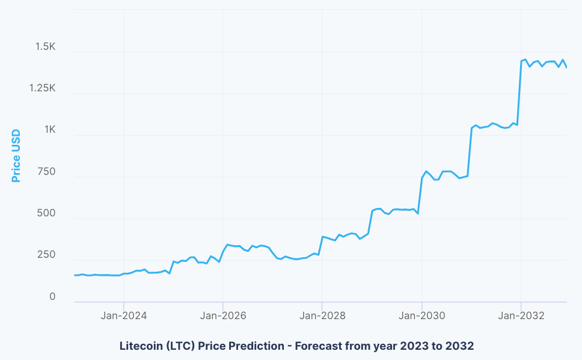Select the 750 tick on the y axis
[46, 172]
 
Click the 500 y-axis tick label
[46, 214]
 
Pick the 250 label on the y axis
[46, 255]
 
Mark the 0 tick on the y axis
[52, 297]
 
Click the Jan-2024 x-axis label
[123, 316]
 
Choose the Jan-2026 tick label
[222, 316]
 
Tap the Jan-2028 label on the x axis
[322, 316]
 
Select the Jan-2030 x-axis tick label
[421, 316]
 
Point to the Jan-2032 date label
[521, 316]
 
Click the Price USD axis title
[16, 156]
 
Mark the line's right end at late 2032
[566, 67]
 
